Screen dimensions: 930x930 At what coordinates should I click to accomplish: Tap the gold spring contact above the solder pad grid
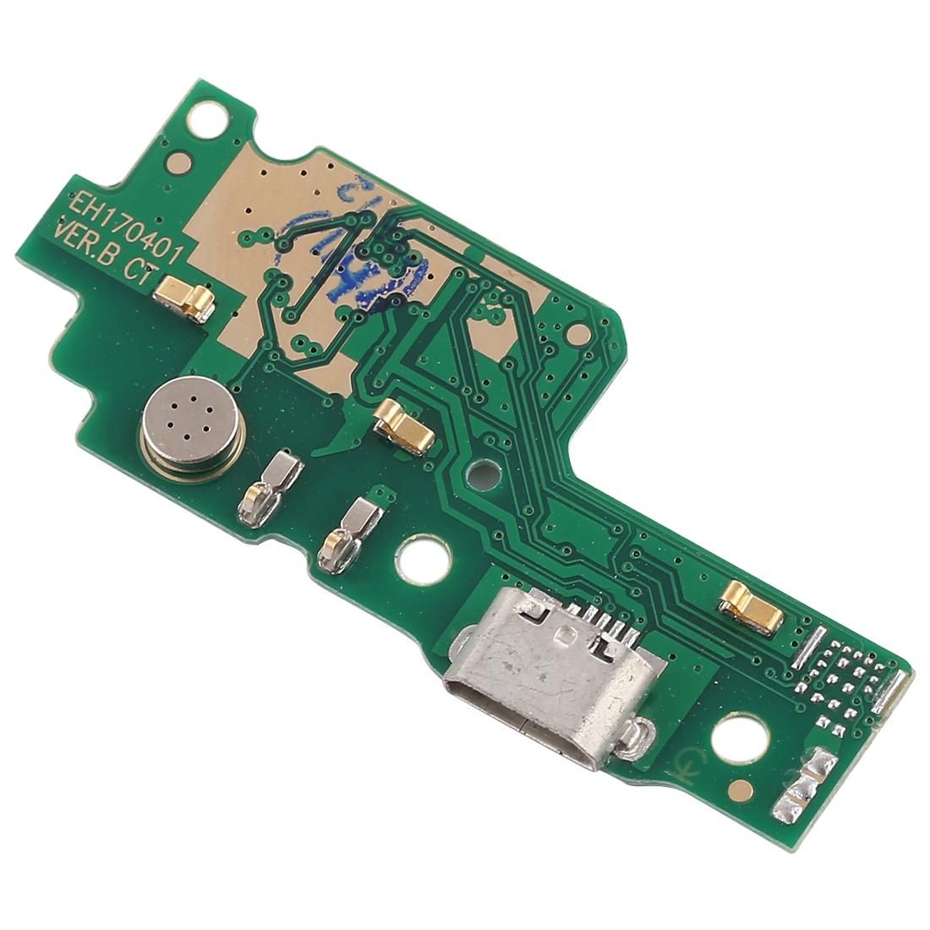coord(750,608)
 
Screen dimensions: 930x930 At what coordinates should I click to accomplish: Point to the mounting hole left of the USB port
coord(419,557)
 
